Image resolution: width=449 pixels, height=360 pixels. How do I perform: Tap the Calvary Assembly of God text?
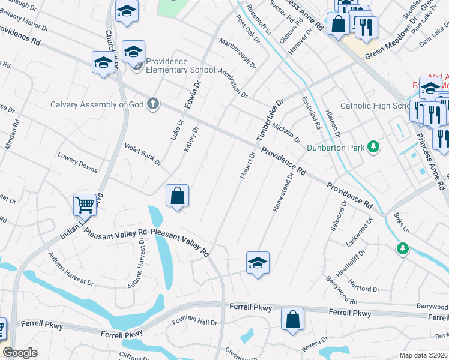pyautogui.click(x=97, y=104)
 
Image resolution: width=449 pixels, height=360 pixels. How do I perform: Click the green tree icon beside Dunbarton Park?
pyautogui.click(x=373, y=146)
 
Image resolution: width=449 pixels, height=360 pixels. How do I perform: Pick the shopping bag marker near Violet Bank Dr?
pyautogui.click(x=178, y=196)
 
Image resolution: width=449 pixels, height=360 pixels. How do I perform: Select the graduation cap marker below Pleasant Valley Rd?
pyautogui.click(x=258, y=263)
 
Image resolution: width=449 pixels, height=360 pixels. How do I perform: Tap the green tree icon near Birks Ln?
pyautogui.click(x=402, y=248)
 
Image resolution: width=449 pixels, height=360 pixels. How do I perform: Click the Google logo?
pyautogui.click(x=20, y=352)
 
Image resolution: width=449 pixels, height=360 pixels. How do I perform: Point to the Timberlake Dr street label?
pyautogui.click(x=270, y=120)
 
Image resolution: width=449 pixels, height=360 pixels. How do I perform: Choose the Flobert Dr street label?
pyautogui.click(x=247, y=165)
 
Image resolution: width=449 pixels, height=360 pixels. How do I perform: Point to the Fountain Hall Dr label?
pyautogui.click(x=194, y=322)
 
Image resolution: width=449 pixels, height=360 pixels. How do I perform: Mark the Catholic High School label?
pyautogui.click(x=376, y=106)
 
